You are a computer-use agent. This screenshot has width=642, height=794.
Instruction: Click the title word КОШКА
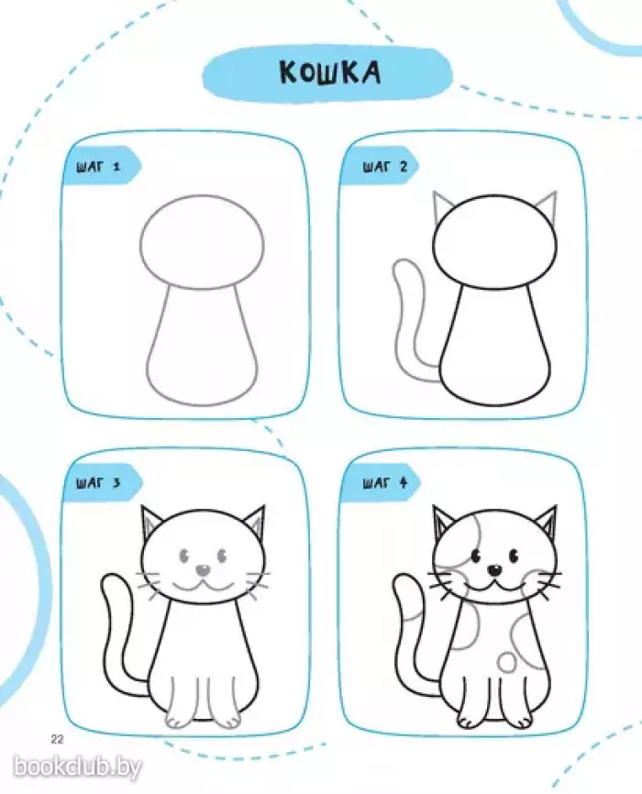pyautogui.click(x=330, y=73)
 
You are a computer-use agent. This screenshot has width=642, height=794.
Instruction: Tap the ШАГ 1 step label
pyautogui.click(x=99, y=167)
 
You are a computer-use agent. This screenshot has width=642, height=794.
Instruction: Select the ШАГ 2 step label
pyautogui.click(x=385, y=167)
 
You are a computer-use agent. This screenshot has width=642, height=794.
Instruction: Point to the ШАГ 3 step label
pyautogui.click(x=99, y=482)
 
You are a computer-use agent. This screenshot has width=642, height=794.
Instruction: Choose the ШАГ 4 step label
pyautogui.click(x=385, y=482)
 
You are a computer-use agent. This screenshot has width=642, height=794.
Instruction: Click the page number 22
pyautogui.click(x=57, y=739)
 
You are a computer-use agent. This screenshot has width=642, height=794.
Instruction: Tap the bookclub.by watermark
pyautogui.click(x=77, y=766)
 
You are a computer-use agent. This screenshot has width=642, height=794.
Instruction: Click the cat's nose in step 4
pyautogui.click(x=494, y=570)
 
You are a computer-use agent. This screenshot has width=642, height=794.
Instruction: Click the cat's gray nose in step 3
pyautogui.click(x=204, y=570)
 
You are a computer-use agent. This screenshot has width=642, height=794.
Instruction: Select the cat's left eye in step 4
pyautogui.click(x=476, y=556)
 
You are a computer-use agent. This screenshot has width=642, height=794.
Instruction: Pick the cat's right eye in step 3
pyautogui.click(x=222, y=556)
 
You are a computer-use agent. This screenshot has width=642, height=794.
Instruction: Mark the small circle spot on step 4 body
pyautogui.click(x=507, y=662)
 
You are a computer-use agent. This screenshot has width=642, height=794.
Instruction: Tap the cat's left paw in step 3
pyautogui.click(x=178, y=719)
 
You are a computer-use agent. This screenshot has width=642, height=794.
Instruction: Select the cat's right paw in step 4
pyautogui.click(x=523, y=718)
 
